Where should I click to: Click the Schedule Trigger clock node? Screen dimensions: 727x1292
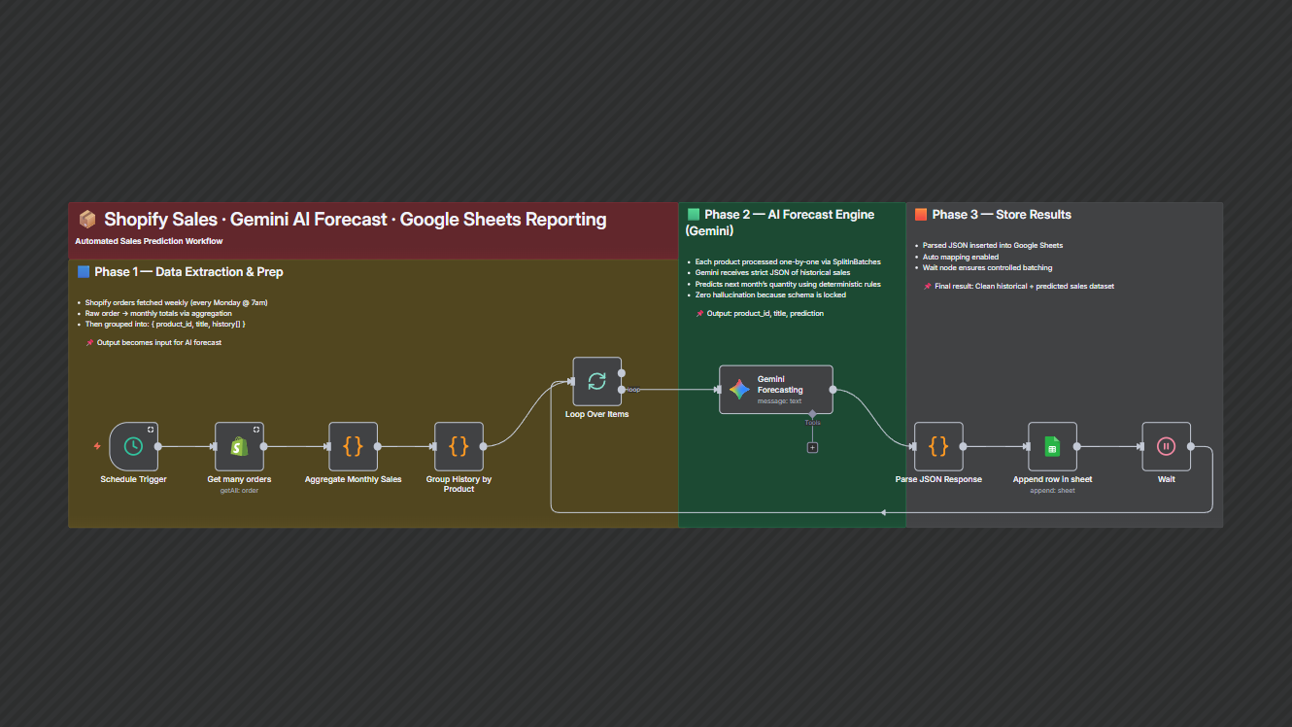pos(134,446)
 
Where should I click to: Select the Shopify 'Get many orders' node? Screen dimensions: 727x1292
pos(239,446)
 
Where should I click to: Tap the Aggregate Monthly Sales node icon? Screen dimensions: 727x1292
pos(353,446)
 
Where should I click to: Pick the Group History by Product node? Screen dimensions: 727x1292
pos(459,446)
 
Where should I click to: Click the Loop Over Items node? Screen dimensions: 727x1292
pos(596,381)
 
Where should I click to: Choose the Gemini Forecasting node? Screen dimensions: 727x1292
pos(775,390)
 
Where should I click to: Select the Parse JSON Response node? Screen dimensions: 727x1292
pos(938,446)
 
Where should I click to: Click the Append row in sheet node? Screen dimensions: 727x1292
pos(1052,446)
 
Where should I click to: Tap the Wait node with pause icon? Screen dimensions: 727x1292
pos(1166,446)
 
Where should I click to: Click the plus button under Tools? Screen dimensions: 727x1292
pos(812,447)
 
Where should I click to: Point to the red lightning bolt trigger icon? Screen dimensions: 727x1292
pos(97,446)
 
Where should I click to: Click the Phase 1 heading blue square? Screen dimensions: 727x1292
pos(84,272)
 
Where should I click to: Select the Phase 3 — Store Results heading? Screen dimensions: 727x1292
pos(1001,215)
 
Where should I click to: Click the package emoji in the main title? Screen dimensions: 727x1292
pos(87,220)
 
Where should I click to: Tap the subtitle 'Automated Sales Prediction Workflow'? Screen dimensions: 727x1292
pos(149,241)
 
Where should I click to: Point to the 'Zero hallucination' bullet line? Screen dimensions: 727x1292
pos(771,294)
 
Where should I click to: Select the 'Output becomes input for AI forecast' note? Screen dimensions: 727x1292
pos(158,342)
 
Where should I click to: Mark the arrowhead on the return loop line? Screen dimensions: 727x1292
pos(883,512)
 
